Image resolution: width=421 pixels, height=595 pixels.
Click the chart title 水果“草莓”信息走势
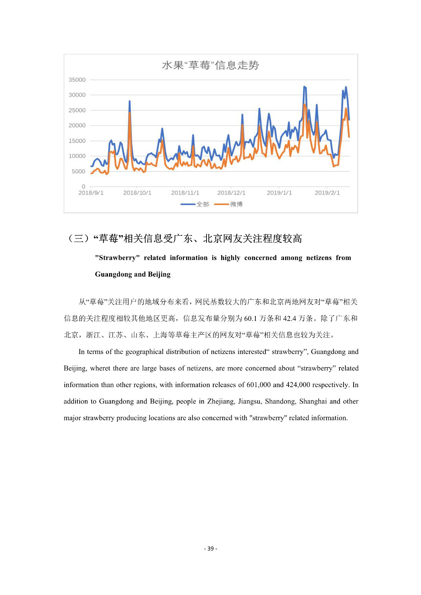click(x=210, y=65)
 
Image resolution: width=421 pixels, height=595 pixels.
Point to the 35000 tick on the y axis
click(x=77, y=80)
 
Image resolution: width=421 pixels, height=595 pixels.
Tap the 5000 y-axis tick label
click(x=78, y=171)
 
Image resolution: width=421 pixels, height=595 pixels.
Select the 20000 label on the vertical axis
click(x=77, y=126)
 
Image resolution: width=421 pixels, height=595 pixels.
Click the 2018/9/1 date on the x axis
click(x=91, y=193)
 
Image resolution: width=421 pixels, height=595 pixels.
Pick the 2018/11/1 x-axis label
click(x=185, y=193)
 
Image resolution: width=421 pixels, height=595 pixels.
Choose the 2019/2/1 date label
click(x=327, y=193)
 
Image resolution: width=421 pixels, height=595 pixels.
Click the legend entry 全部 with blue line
click(x=195, y=204)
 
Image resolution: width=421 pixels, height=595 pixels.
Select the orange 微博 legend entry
click(x=229, y=204)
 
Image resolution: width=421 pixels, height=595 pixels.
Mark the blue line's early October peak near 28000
click(x=130, y=101)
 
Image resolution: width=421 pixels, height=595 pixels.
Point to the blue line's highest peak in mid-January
click(x=304, y=87)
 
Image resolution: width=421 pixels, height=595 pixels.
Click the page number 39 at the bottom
click(x=211, y=549)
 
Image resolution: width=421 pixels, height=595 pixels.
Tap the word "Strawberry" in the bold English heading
click(x=117, y=258)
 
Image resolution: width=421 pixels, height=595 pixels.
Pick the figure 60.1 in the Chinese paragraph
click(x=251, y=318)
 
